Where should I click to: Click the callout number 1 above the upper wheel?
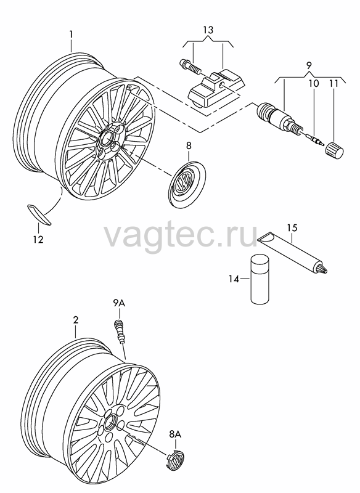[x=72, y=34]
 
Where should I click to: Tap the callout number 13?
[x=208, y=30]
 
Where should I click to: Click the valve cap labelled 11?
[x=335, y=150]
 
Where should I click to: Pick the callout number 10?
[x=314, y=83]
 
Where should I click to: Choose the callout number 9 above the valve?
[x=309, y=66]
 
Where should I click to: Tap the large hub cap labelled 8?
[x=188, y=183]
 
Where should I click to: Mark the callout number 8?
[x=189, y=145]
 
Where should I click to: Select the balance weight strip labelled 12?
[x=39, y=214]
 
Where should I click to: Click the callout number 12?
[x=38, y=239]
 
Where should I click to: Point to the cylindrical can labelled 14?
[x=260, y=279]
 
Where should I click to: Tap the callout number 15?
[x=292, y=227]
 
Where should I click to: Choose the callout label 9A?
[x=119, y=303]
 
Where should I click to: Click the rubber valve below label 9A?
[x=120, y=332]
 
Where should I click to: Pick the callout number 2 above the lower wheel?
[x=76, y=320]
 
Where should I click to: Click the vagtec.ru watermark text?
[x=181, y=233]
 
